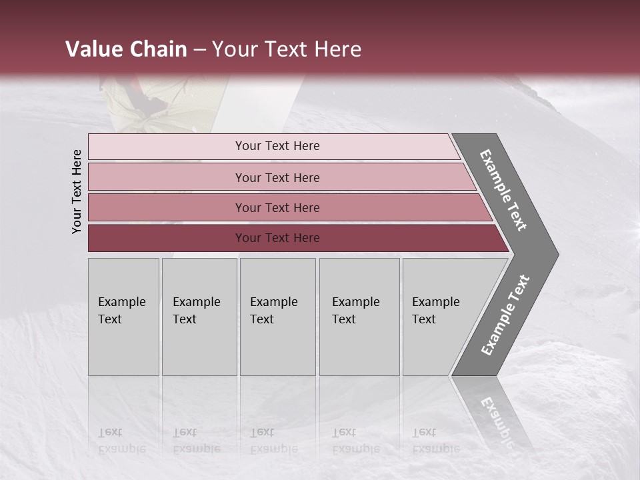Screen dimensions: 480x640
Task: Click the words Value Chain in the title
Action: pyautogui.click(x=126, y=49)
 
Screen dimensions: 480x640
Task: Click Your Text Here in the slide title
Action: pyautogui.click(x=287, y=49)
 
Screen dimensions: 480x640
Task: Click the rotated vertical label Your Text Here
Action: pyautogui.click(x=77, y=191)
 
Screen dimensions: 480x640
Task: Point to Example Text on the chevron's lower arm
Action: pyautogui.click(x=506, y=315)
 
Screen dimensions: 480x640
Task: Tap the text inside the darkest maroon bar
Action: pyautogui.click(x=277, y=238)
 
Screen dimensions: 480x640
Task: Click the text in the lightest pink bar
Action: pyautogui.click(x=277, y=146)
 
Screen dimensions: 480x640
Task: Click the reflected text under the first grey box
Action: pyautogui.click(x=122, y=441)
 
